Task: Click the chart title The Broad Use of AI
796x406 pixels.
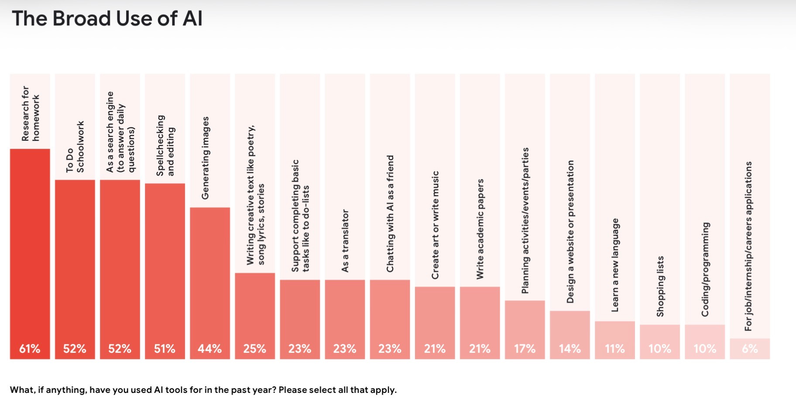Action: tap(107, 19)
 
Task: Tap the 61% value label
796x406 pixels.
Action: tap(30, 349)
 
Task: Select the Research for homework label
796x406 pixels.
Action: tap(30, 114)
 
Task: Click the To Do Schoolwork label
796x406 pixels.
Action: tap(75, 147)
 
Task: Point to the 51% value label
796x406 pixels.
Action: tap(165, 349)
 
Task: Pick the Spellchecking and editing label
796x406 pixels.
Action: tap(165, 145)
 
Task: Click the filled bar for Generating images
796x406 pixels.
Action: tap(210, 283)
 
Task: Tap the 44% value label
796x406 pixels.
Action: tap(209, 349)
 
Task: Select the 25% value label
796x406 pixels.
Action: tap(255, 349)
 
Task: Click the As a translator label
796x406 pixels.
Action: tap(345, 241)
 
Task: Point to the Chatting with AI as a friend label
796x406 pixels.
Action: tap(390, 213)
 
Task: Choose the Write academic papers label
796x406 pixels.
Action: tap(480, 229)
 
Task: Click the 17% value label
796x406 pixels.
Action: tap(525, 349)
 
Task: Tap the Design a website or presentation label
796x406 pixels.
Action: tap(570, 232)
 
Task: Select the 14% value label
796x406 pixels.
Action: tap(570, 349)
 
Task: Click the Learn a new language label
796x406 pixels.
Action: tap(615, 265)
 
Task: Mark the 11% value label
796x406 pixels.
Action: tap(615, 349)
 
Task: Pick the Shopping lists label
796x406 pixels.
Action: tap(660, 286)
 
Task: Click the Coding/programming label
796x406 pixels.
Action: tap(705, 269)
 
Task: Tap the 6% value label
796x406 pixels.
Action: tap(750, 349)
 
